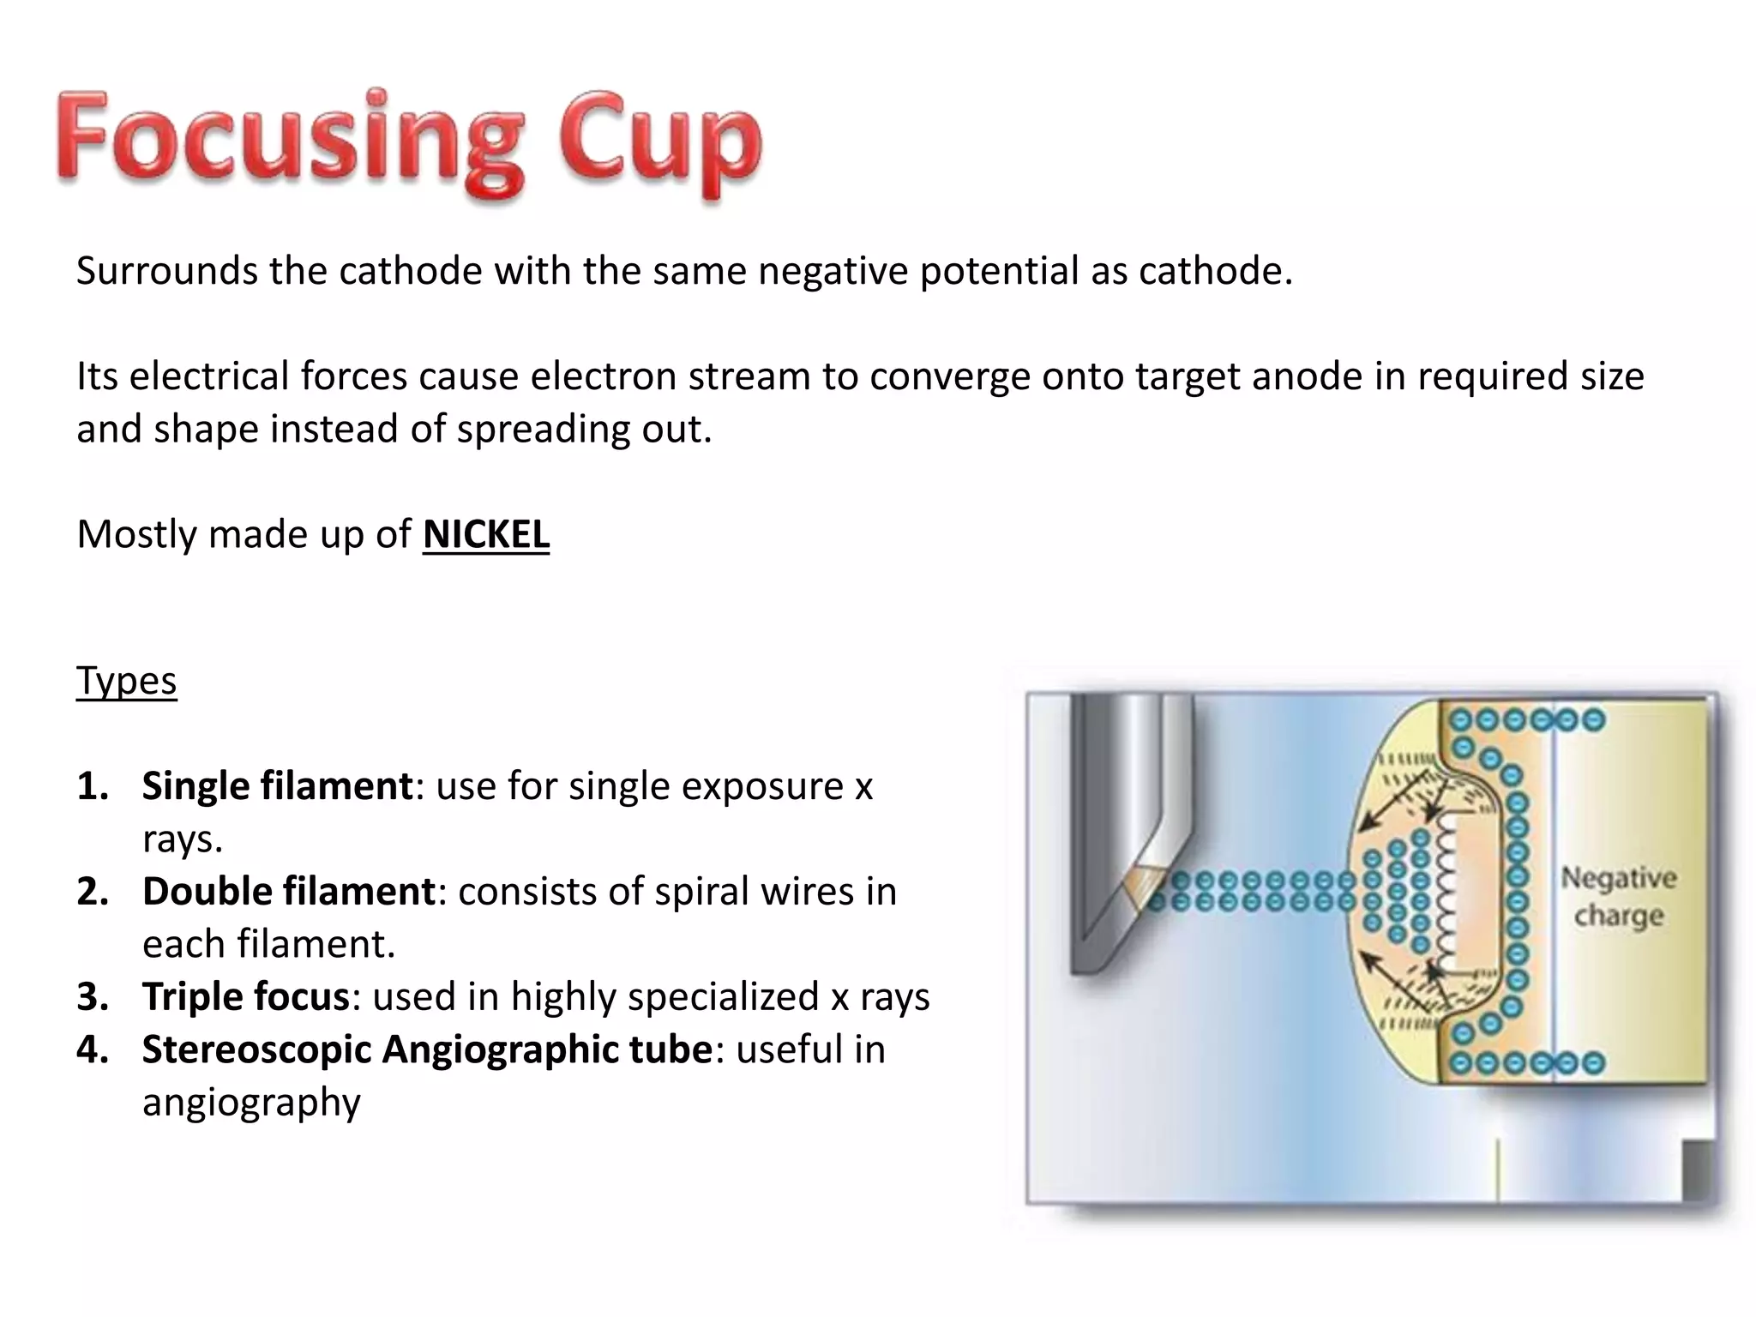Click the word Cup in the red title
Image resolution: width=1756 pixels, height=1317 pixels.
point(659,141)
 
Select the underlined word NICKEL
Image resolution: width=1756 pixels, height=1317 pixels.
point(485,535)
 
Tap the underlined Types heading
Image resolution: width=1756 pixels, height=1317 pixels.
point(126,682)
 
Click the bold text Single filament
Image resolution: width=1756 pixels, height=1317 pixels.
point(277,786)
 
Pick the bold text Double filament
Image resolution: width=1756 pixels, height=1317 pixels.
point(289,892)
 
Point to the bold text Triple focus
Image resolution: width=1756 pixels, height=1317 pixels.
point(245,997)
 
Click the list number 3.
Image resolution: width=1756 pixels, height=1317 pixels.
point(92,997)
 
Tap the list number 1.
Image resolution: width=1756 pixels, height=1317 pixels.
point(92,786)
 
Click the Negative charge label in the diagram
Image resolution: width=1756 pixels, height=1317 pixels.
point(1618,897)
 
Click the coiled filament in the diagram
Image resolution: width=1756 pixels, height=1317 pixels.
point(1446,892)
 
